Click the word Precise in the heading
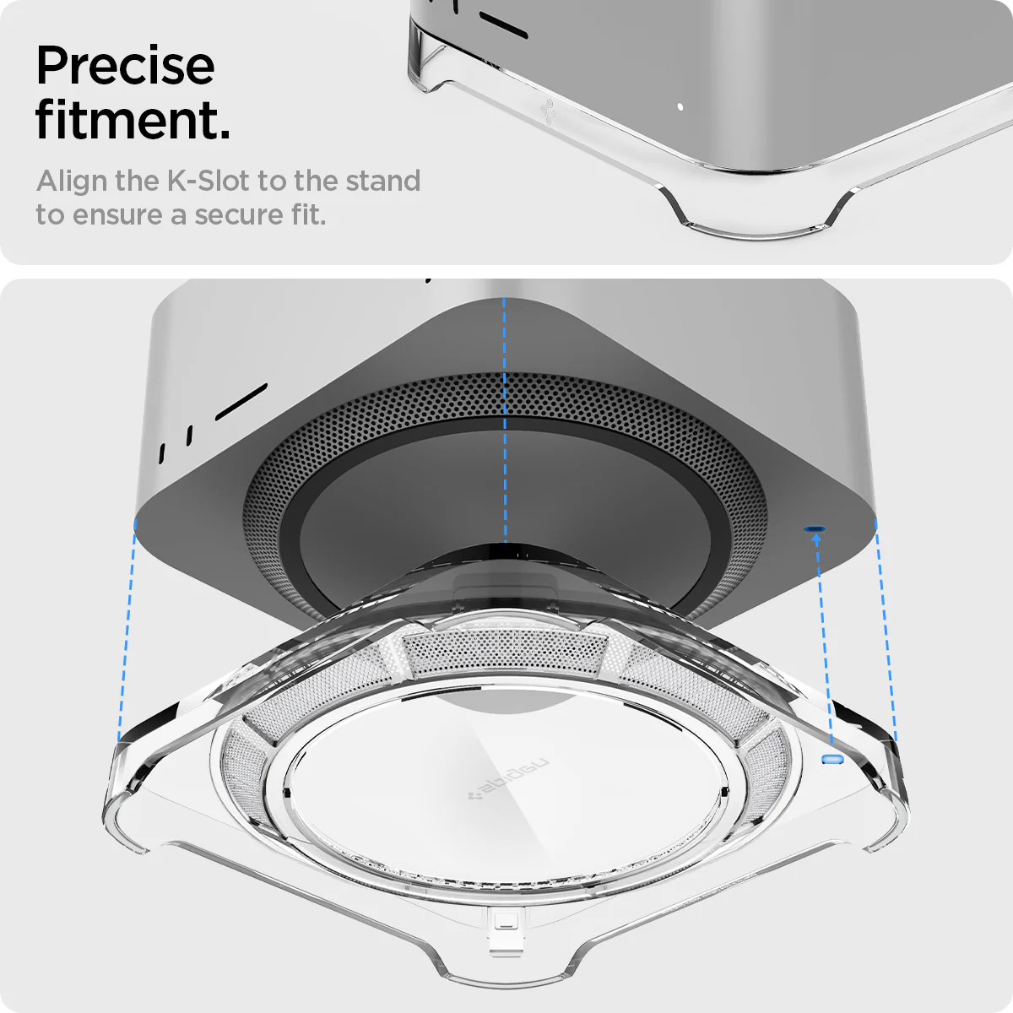[x=125, y=66]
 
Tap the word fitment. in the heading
[x=133, y=120]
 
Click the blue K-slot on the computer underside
[x=815, y=529]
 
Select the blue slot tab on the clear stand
[x=832, y=759]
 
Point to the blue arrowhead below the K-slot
[x=816, y=538]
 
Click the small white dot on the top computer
[x=680, y=107]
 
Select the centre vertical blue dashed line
[x=505, y=422]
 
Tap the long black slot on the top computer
[x=503, y=26]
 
